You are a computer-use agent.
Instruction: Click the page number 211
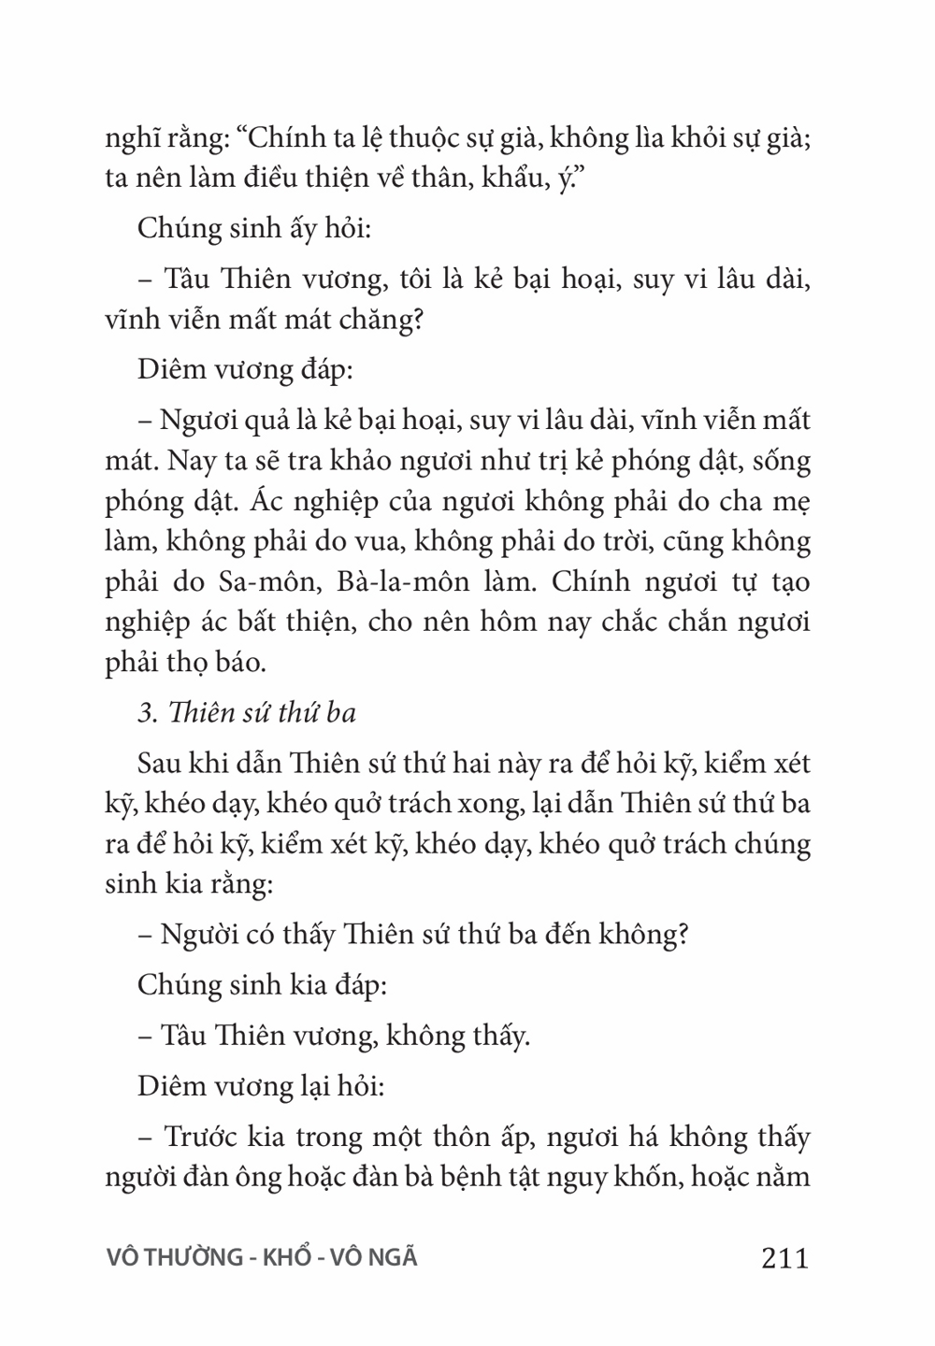pos(784,1258)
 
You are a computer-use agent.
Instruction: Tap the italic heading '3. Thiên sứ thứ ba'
pos(247,713)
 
